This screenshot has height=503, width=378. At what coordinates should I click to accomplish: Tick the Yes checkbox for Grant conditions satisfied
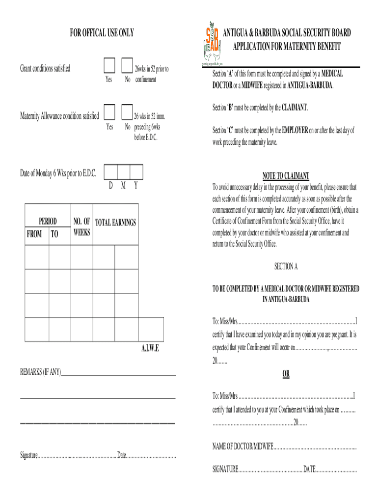click(109, 65)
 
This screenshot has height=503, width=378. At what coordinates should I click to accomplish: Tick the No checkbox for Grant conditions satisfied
click(127, 65)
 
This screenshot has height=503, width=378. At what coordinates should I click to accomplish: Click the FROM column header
click(34, 234)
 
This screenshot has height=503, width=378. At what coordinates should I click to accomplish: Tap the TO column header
click(54, 234)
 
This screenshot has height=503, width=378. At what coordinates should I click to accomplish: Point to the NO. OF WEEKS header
click(81, 227)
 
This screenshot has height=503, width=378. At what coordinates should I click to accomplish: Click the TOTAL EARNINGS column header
click(115, 223)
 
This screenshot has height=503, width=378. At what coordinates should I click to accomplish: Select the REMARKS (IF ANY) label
click(40, 373)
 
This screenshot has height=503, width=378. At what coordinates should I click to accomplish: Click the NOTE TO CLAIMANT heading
click(285, 176)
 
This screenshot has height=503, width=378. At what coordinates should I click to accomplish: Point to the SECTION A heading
click(286, 266)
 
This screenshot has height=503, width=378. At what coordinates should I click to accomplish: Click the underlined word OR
click(286, 374)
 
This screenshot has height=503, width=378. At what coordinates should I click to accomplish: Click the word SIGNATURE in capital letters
click(225, 470)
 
